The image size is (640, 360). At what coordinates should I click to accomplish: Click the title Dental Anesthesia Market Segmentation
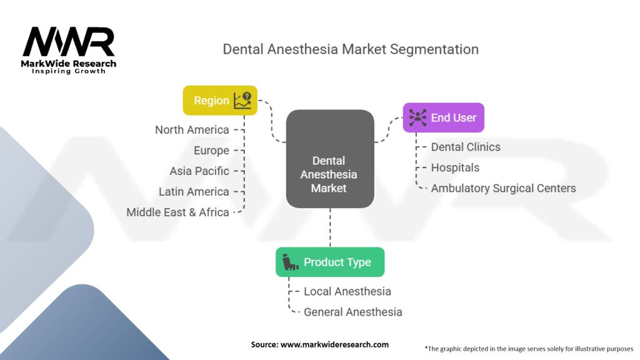pos(350,49)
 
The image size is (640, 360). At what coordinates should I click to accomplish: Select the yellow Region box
pos(220,100)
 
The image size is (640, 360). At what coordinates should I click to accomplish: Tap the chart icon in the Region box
pos(242,100)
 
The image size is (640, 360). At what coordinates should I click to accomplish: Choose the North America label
pos(192,129)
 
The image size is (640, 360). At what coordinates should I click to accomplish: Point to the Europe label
pos(211,150)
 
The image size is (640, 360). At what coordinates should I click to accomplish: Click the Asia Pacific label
pos(199,171)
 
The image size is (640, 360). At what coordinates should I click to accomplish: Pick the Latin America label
pos(194,191)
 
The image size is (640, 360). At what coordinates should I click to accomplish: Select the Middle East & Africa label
pos(177,212)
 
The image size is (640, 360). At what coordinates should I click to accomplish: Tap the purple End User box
pos(443,117)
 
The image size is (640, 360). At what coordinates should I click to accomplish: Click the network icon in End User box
pos(417,117)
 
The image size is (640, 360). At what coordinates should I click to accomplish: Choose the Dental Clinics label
pos(466,147)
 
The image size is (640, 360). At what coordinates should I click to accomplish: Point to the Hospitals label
pos(455,167)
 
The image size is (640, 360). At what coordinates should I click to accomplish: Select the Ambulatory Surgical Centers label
pos(503,188)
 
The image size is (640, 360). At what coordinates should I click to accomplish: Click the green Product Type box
pos(330,262)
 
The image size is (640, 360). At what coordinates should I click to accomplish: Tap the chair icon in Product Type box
pos(289,262)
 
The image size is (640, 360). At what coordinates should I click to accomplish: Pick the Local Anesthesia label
pos(347,291)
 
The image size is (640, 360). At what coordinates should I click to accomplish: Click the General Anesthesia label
pos(352,312)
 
